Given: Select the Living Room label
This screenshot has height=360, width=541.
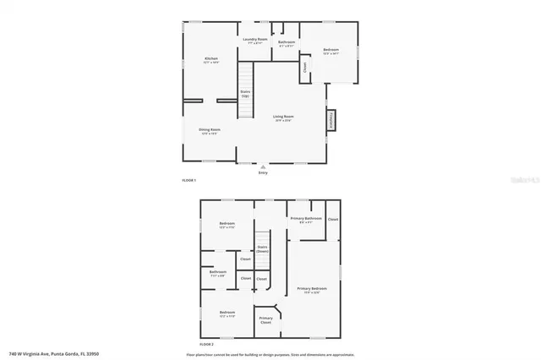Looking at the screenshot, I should click(283, 117).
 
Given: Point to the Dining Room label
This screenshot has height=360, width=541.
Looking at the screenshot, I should click(209, 131).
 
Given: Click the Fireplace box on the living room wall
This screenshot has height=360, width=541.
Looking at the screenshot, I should click(331, 121).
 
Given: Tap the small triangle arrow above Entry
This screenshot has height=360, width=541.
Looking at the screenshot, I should click(263, 166).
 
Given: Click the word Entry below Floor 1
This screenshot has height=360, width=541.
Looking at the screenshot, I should click(263, 173).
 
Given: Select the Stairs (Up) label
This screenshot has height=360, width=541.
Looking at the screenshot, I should click(245, 94).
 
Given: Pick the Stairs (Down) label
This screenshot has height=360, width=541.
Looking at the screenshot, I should click(262, 250).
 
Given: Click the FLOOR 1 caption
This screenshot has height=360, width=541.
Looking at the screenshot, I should click(189, 181).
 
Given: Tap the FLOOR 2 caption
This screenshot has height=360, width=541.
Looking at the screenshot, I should click(207, 345).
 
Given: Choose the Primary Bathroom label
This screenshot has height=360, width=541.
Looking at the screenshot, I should click(306, 220).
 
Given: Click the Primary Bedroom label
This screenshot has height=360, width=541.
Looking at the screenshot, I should click(312, 290).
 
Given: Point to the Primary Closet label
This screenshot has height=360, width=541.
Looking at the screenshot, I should click(265, 321).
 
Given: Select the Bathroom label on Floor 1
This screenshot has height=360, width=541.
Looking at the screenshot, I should click(287, 43).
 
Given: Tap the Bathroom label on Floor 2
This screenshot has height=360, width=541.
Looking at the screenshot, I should click(217, 273).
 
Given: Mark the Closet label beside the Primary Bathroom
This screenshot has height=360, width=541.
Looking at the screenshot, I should click(333, 219).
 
